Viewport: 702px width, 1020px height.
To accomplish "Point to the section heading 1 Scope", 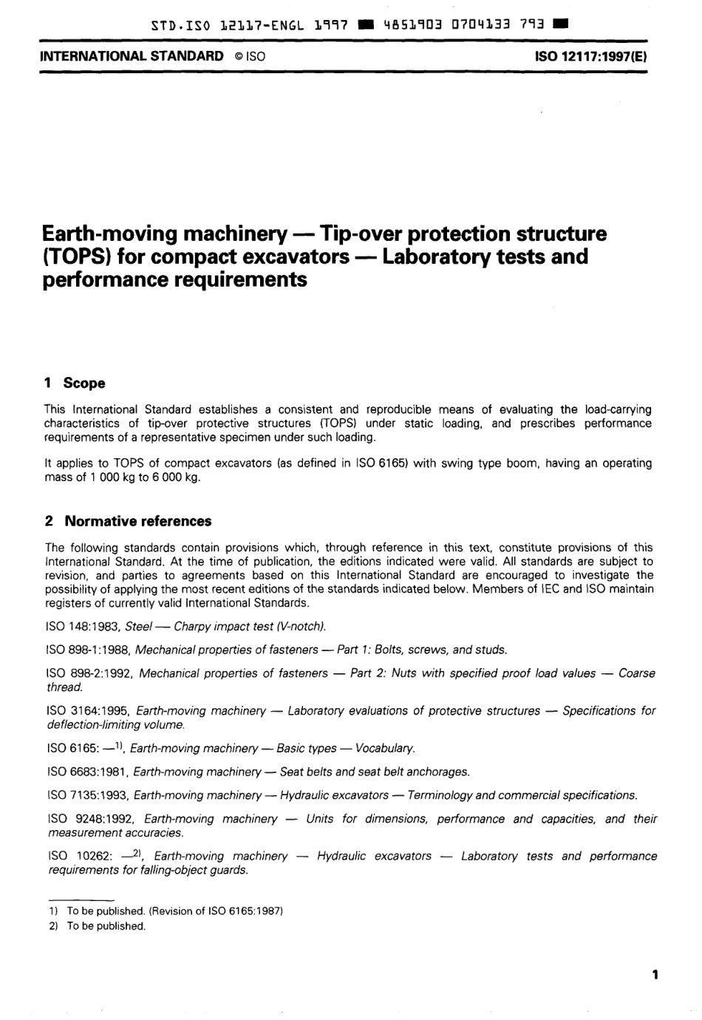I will pyautogui.click(x=75, y=383).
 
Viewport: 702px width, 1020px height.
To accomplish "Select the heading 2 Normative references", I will pyautogui.click(x=128, y=521).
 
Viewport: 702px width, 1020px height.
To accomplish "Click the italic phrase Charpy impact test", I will pyautogui.click(x=222, y=627).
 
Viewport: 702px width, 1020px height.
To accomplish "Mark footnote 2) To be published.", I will pyautogui.click(x=96, y=926).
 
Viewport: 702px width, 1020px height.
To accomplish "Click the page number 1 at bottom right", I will pyautogui.click(x=655, y=974).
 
